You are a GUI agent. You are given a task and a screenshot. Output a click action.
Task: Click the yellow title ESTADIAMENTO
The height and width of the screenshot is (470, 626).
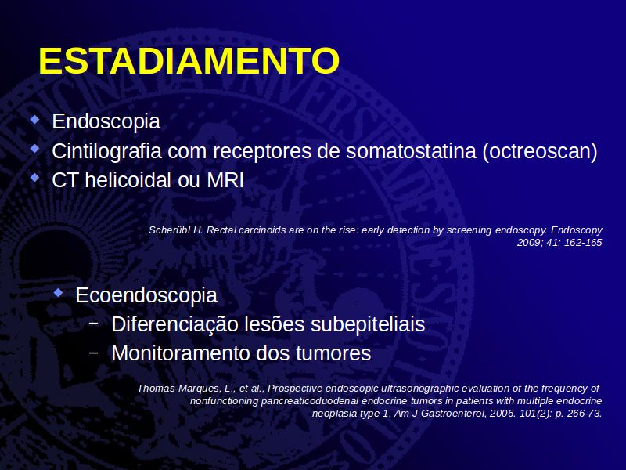pos(189,61)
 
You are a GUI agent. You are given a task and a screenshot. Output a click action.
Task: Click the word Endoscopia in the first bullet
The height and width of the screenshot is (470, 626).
pos(106,121)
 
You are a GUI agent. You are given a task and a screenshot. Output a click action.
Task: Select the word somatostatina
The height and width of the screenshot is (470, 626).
pos(412,151)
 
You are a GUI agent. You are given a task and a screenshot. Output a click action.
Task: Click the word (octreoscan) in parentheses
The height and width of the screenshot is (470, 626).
pos(540,151)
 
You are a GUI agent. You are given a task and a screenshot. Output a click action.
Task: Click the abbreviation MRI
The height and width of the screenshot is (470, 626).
pos(225,180)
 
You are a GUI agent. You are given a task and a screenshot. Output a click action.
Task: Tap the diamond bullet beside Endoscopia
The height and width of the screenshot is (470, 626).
pos(35,119)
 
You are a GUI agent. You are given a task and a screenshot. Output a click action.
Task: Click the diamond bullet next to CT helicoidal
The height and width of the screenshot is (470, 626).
pos(35,178)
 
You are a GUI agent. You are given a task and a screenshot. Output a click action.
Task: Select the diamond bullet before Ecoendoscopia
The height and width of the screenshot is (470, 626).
pos(59,292)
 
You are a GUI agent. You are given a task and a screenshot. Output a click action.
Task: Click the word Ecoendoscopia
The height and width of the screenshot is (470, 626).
pos(146,296)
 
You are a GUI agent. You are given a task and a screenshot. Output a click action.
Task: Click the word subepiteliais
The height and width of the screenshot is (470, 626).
pos(368,324)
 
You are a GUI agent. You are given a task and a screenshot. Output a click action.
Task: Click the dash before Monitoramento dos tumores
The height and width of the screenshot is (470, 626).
pos(94,352)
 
